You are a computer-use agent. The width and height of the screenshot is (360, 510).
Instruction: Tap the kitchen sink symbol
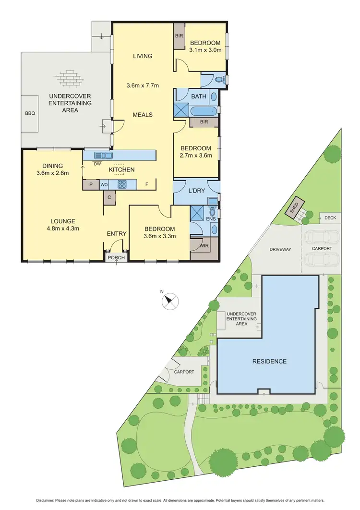pos(103,155)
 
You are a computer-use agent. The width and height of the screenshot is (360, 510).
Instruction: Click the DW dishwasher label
pos(97,164)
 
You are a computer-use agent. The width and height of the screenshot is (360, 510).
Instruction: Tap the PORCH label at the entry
pos(116,258)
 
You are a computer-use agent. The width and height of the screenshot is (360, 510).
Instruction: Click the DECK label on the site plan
pos(330,218)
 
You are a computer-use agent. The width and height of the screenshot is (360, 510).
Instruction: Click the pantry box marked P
pos(90,183)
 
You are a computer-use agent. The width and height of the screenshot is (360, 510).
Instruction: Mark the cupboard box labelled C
pos(109,197)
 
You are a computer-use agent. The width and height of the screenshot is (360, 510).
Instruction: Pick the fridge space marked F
pos(147,183)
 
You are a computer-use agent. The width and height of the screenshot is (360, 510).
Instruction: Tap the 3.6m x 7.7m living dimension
pos(143,86)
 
